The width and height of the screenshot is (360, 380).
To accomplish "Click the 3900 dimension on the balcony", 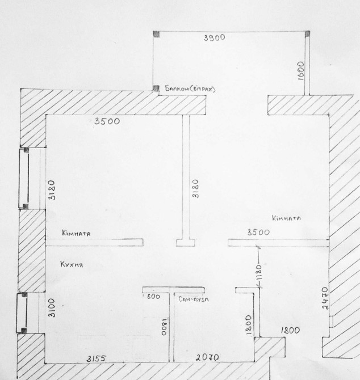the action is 215,38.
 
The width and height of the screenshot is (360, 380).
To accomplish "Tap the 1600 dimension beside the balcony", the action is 300,70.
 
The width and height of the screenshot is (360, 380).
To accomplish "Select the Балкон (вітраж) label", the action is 190,88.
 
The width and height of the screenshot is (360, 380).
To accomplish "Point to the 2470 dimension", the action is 325,298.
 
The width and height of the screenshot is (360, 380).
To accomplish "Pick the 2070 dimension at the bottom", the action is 207,357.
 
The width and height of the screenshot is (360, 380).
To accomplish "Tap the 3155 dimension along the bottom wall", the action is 97,358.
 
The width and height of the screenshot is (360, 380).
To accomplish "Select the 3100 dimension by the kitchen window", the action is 52,308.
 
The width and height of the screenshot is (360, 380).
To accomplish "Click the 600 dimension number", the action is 153,297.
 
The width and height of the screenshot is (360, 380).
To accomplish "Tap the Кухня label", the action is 72,264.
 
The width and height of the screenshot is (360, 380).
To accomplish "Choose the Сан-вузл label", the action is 194,299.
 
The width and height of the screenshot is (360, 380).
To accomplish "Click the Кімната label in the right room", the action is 286,218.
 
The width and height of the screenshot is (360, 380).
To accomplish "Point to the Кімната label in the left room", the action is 76,233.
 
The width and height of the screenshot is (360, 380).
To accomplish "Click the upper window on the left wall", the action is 24,179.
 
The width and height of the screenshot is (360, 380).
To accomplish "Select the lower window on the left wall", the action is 22,313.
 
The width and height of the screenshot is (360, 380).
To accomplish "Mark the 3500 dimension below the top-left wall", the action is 107,121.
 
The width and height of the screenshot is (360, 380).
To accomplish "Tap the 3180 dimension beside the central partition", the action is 195,189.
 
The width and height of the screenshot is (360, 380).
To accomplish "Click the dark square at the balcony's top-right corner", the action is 307,33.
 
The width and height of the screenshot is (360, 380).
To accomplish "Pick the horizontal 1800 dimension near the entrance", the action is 290,330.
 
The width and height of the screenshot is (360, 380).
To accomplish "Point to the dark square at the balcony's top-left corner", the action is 156,34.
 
